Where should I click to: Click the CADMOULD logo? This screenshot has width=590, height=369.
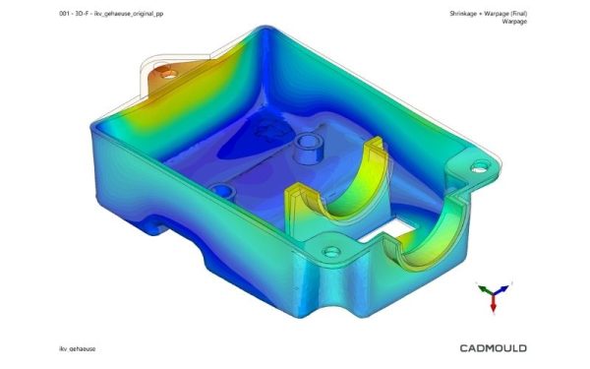point(493,348)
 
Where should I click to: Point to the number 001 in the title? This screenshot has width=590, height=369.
point(64,14)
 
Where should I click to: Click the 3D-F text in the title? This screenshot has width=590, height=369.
point(82,14)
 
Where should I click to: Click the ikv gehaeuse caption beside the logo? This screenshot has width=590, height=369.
point(77,348)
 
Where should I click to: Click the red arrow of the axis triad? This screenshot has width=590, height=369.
point(493,303)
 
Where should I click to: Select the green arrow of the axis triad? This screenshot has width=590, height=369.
point(485,289)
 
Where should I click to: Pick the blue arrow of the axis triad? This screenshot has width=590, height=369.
point(501,289)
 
